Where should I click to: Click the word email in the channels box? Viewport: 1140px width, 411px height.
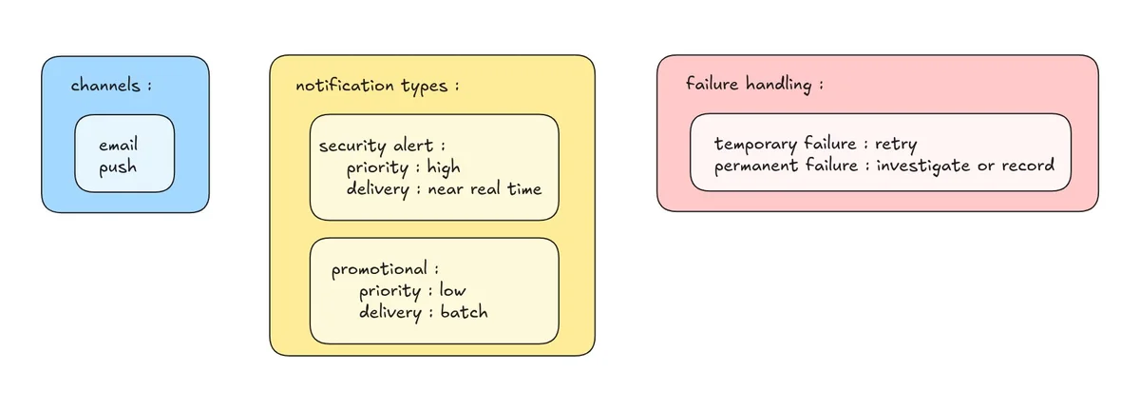coord(118,145)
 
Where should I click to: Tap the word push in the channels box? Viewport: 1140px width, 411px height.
coord(118,167)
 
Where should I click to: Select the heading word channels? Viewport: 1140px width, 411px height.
coord(104,85)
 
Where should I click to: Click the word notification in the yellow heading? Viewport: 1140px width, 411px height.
coord(345,85)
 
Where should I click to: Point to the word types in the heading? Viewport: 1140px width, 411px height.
coord(424,86)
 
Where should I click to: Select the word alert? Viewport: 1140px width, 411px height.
coord(412,146)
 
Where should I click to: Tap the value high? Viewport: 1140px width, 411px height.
coord(444,167)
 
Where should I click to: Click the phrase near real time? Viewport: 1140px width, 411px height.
coord(484,188)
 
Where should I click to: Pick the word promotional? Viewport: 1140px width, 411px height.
coord(379,269)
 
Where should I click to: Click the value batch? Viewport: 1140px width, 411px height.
coord(464,311)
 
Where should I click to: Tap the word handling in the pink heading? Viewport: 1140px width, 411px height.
coord(779,84)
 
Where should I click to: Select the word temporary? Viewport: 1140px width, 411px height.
coord(755,145)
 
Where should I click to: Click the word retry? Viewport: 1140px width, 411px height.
coord(896,145)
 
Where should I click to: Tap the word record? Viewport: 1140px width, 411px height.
coord(1028,166)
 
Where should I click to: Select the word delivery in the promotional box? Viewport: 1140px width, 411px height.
coord(390,312)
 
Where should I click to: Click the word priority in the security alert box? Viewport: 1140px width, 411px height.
coord(377,167)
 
